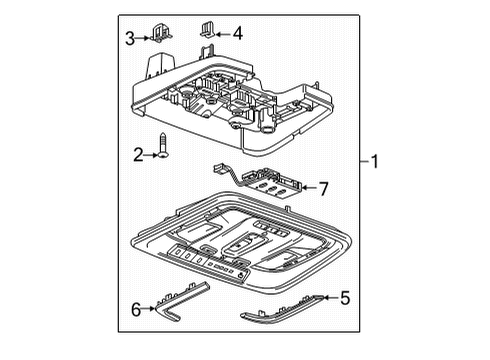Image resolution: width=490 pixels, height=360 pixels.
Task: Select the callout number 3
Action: [x=128, y=38]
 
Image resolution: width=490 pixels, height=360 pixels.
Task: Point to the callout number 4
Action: [x=238, y=34]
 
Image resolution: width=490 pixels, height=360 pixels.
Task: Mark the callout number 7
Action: [x=323, y=187]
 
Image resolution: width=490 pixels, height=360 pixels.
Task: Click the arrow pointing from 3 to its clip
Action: [x=143, y=38]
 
